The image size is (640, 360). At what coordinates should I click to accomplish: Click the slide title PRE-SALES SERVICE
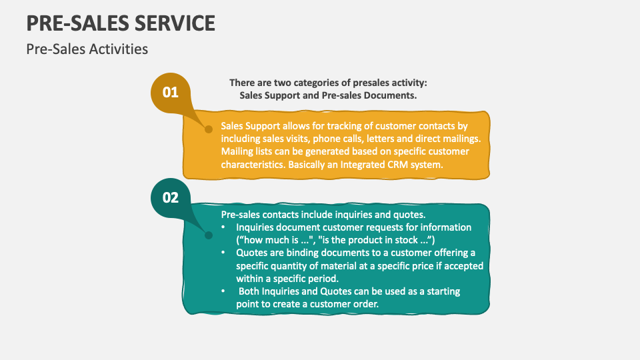[x=121, y=23]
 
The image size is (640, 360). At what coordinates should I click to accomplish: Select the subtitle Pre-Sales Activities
[x=87, y=49]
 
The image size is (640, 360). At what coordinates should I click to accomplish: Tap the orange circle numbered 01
[x=171, y=92]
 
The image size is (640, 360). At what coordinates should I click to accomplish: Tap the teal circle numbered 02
[x=171, y=197]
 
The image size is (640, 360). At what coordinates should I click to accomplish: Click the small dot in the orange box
[x=208, y=128]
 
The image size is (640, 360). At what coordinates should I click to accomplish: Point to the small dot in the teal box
[x=208, y=235]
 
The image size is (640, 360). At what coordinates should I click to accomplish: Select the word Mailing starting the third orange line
[x=237, y=151]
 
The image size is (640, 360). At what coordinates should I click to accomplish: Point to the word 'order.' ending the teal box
[x=365, y=305]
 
